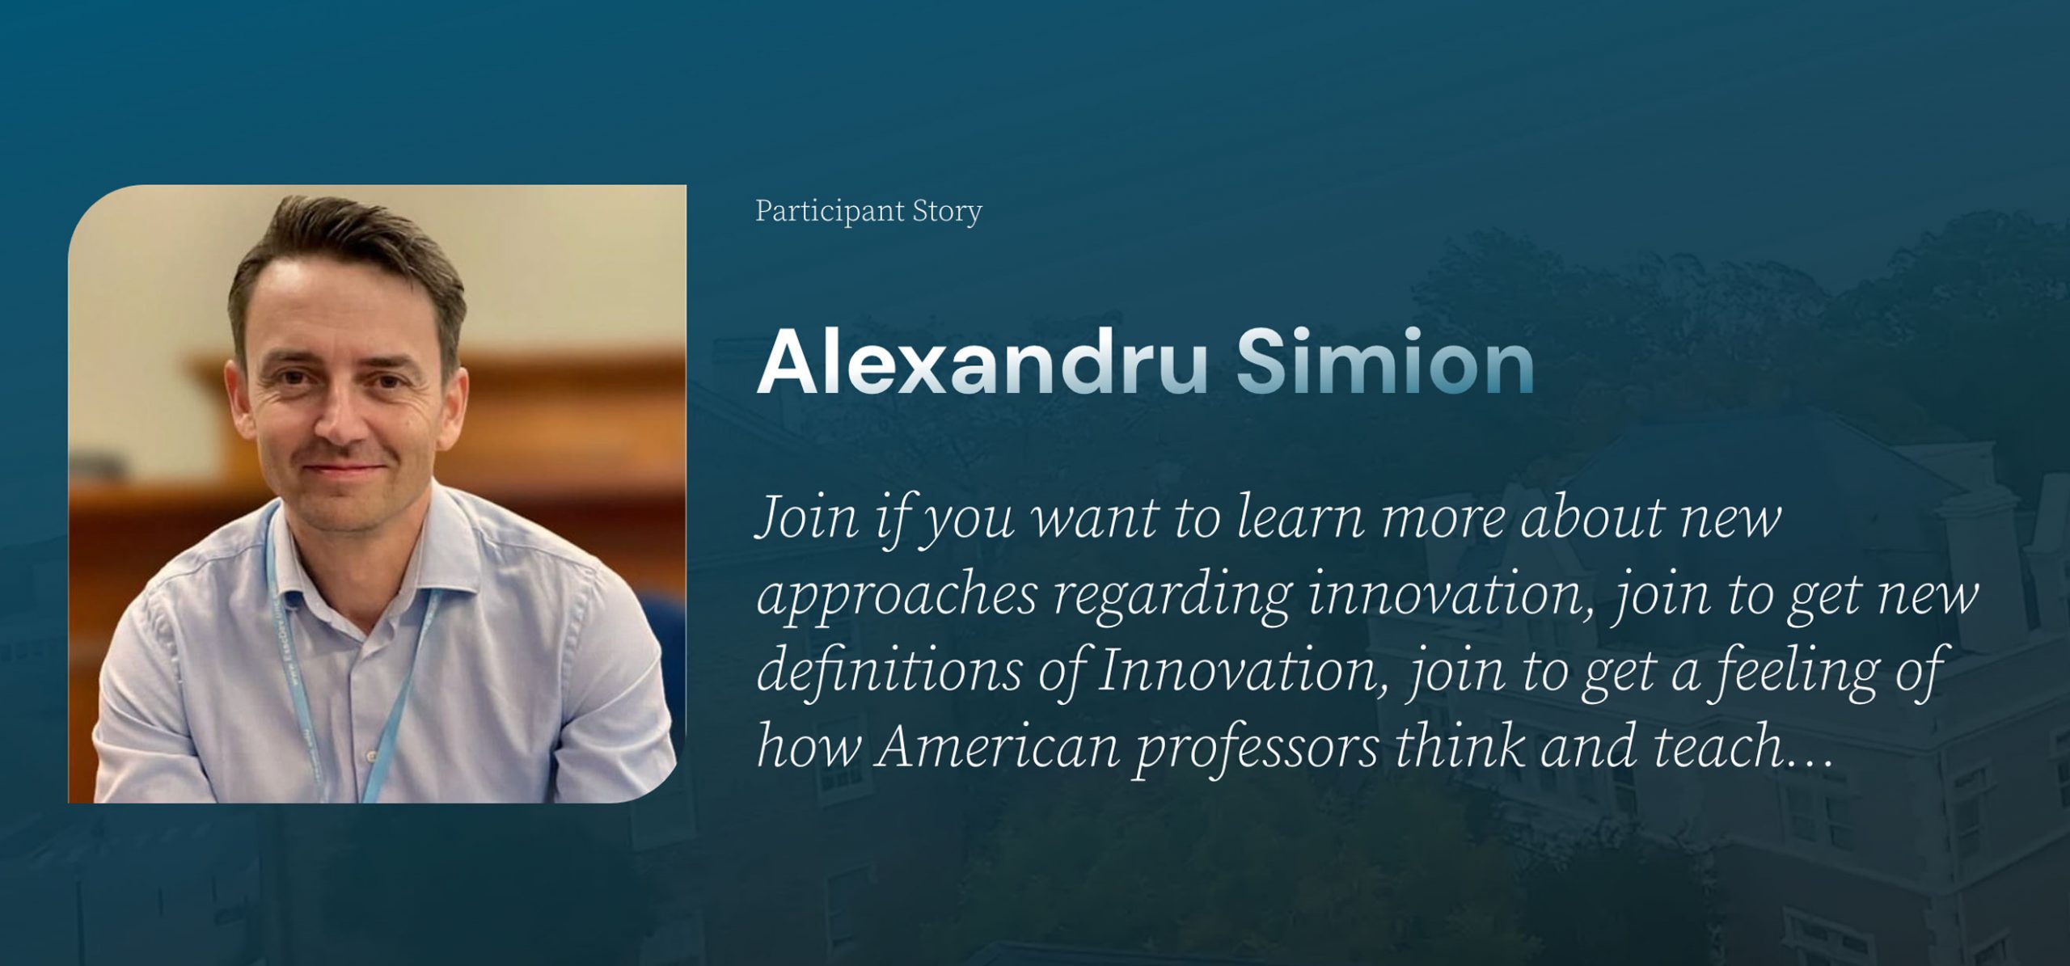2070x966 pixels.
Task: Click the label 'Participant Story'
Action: [868, 212]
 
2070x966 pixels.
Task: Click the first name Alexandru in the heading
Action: [981, 364]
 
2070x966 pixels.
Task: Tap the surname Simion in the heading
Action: [1384, 364]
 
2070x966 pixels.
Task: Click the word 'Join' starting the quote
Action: [805, 519]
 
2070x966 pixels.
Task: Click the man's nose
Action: [338, 424]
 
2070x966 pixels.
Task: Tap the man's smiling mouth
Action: [344, 469]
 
